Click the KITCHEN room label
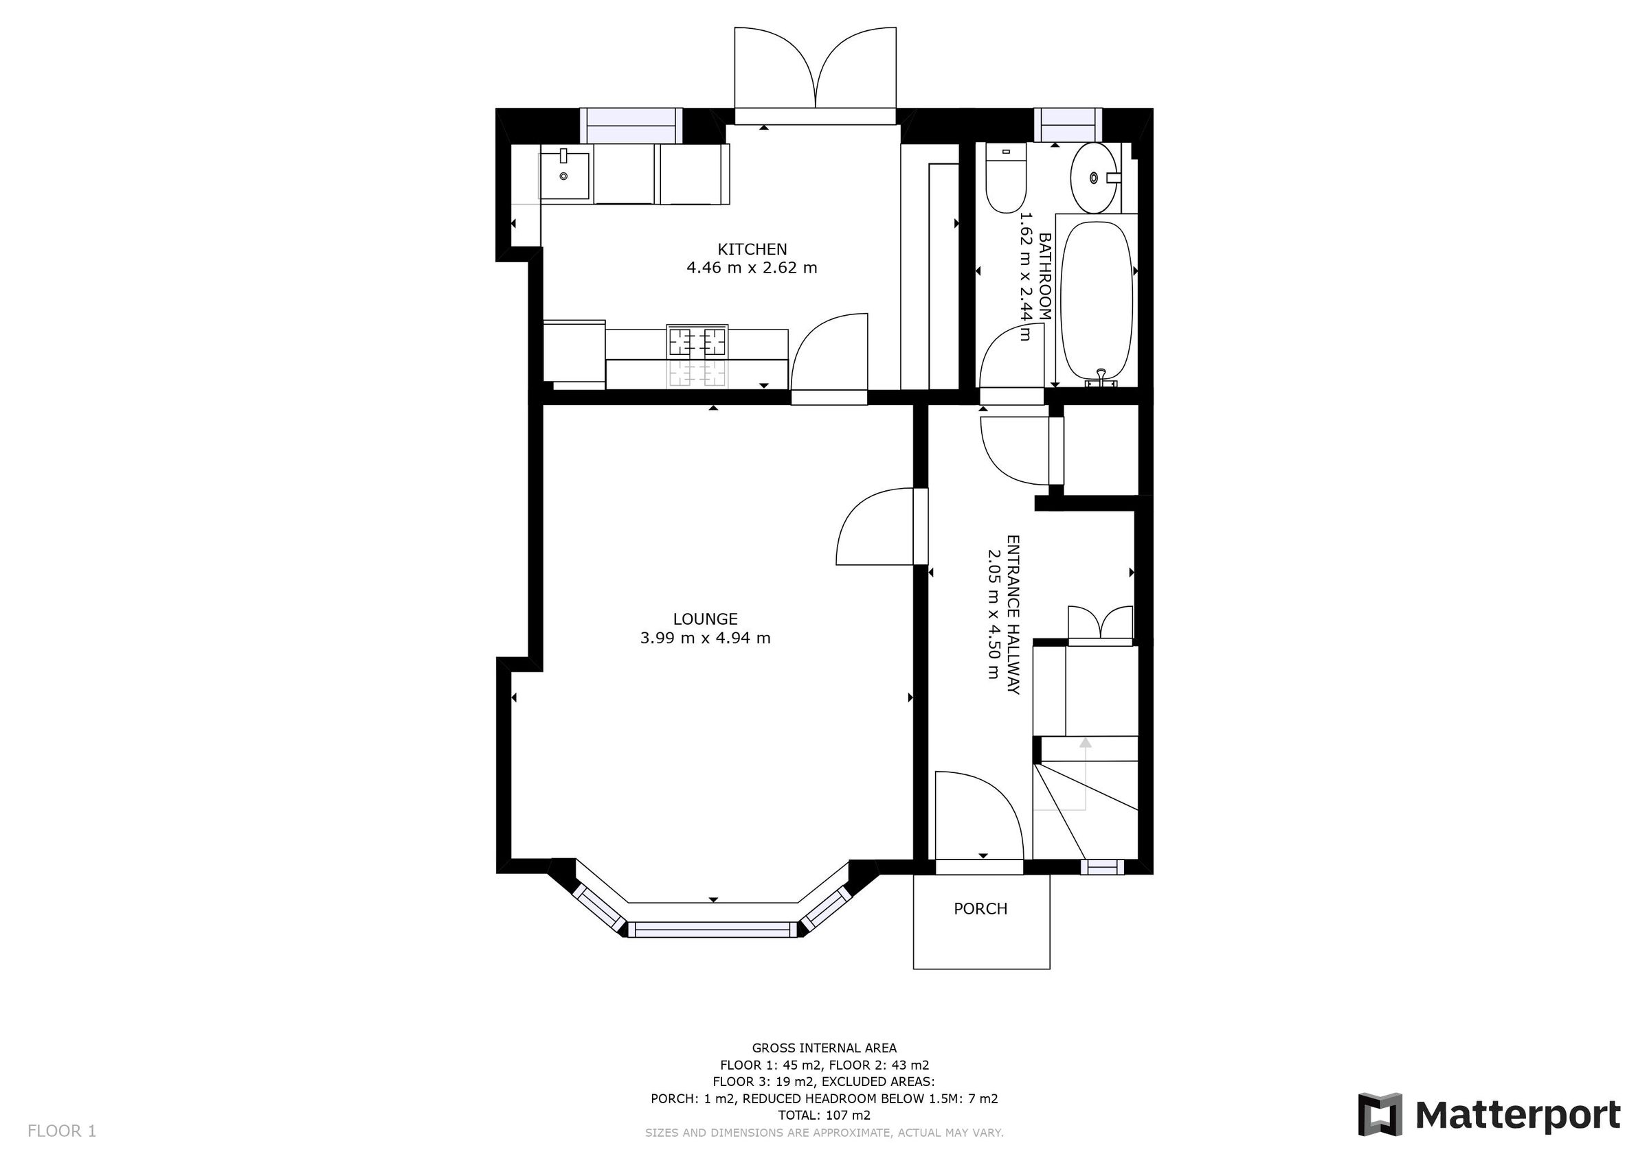(x=752, y=249)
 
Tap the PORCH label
(x=980, y=909)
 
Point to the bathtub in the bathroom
(x=1096, y=299)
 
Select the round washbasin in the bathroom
(x=1093, y=177)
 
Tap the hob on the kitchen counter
(x=697, y=342)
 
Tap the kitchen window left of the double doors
(x=631, y=126)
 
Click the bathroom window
(x=1067, y=126)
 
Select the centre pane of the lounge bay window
(x=713, y=930)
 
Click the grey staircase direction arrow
(x=1084, y=743)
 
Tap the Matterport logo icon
(x=1379, y=1115)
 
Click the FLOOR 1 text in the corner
(x=62, y=1131)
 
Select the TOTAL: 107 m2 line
(x=824, y=1115)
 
